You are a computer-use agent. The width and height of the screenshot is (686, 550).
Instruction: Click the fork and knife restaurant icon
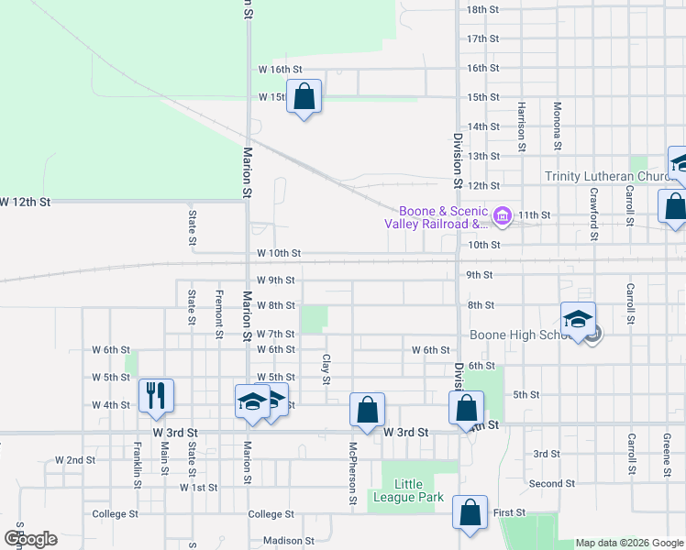click(x=156, y=395)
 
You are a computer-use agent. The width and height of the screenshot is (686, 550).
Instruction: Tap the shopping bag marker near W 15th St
click(x=304, y=96)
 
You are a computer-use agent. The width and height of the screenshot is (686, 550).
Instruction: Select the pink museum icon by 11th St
click(x=502, y=216)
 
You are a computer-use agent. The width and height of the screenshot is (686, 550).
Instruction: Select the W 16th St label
click(x=280, y=69)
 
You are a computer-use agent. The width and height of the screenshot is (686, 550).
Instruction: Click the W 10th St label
click(x=279, y=252)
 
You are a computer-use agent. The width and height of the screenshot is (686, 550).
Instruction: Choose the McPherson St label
click(x=352, y=474)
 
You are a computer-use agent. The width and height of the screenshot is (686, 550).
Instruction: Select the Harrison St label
click(x=520, y=126)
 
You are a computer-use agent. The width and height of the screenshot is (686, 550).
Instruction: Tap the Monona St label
click(x=557, y=126)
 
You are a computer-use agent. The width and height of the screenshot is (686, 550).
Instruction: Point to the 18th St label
click(x=482, y=9)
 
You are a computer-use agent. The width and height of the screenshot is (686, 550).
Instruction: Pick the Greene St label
click(x=667, y=456)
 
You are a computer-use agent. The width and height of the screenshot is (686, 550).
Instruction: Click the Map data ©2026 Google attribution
click(x=629, y=543)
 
